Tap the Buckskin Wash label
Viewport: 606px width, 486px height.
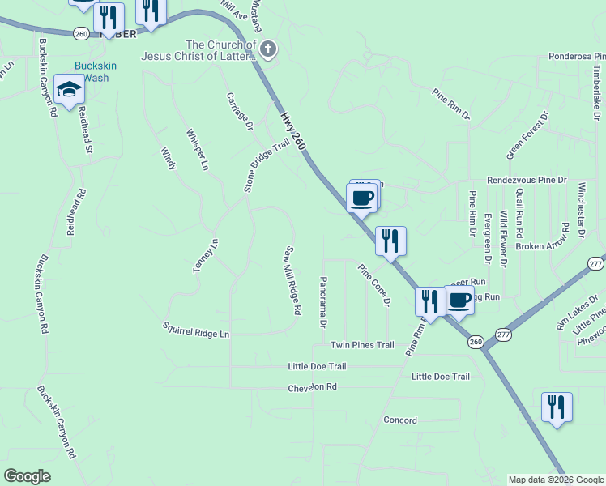92,72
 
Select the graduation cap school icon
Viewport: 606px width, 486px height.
70,90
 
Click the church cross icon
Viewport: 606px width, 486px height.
267,50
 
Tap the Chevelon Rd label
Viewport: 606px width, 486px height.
312,388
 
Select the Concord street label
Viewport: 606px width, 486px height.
399,420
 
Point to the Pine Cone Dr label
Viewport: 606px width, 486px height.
374,284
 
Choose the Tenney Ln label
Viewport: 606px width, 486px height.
206,255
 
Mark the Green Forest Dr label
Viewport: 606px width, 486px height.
527,135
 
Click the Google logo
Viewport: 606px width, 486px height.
27,476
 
